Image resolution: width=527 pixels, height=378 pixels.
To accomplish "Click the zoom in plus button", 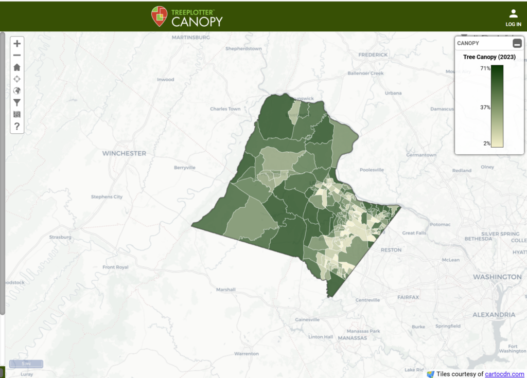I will click(x=17, y=44).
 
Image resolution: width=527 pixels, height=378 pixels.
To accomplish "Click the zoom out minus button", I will click(x=17, y=56).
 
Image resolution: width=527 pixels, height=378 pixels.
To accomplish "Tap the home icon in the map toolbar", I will click(x=17, y=67).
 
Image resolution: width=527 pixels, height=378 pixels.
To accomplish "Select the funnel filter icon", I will click(x=17, y=103).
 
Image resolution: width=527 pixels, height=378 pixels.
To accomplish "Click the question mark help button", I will click(x=17, y=126).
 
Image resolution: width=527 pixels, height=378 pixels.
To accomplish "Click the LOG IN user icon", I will click(x=513, y=17).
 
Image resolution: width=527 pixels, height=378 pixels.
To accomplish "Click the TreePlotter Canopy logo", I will click(x=187, y=16).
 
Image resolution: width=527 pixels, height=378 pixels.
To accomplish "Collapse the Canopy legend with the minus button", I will click(x=517, y=44).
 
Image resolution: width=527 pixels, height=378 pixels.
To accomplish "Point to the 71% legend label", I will click(x=485, y=68).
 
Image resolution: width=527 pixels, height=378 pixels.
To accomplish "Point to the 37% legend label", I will click(x=485, y=107).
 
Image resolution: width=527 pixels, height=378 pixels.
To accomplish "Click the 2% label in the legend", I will click(x=486, y=143).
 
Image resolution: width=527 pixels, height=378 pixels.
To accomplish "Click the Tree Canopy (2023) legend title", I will click(x=489, y=57).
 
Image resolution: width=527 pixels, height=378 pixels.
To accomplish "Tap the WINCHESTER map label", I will click(x=124, y=153).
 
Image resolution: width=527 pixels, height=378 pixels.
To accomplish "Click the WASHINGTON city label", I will click(x=497, y=277).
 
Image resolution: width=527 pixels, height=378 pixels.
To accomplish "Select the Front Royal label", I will click(x=115, y=267).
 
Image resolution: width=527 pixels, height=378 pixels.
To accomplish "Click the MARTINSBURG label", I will click(x=190, y=38).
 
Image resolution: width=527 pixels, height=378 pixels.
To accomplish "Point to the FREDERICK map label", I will click(x=373, y=55).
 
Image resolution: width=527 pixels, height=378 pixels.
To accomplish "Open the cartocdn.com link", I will click(x=504, y=374).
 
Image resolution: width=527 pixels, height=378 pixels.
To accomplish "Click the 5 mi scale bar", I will click(x=26, y=364).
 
